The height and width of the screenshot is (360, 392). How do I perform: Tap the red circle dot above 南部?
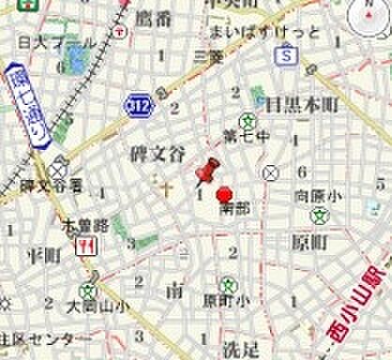click(224, 195)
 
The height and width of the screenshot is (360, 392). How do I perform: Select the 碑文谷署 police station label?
click(53, 183)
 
